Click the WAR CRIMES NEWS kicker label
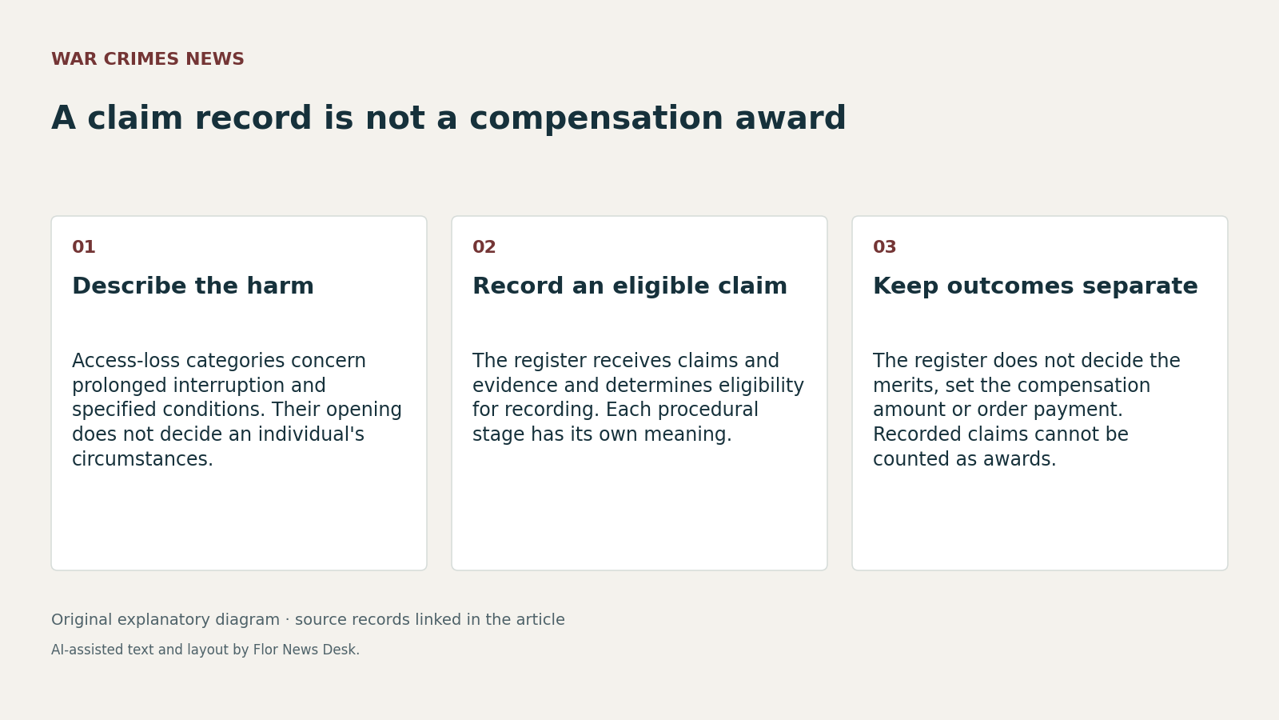click(147, 59)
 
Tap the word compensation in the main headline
click(596, 119)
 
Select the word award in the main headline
click(791, 118)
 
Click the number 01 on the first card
click(83, 247)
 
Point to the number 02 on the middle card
click(484, 247)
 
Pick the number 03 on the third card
click(884, 247)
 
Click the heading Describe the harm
click(193, 286)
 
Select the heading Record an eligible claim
click(630, 286)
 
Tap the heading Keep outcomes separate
click(1035, 286)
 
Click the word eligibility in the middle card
click(761, 386)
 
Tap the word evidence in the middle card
click(516, 385)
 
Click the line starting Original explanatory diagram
click(308, 619)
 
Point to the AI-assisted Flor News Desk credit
click(205, 650)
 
